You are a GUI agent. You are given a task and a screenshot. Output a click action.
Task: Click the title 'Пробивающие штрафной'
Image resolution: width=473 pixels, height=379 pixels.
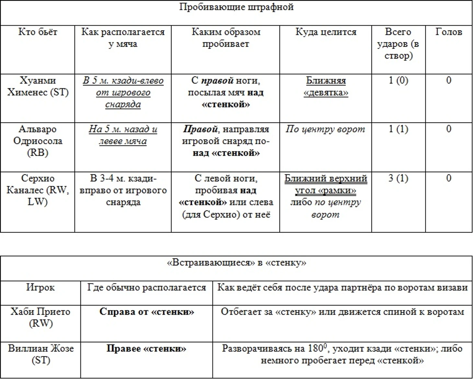click(x=236, y=7)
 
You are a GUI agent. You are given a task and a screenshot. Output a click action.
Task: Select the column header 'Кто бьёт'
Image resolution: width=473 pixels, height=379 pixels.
click(x=38, y=32)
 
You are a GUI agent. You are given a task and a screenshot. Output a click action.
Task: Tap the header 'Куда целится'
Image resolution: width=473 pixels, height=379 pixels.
click(x=326, y=32)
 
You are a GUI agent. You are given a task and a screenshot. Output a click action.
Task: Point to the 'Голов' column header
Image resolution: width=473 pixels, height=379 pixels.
click(x=448, y=32)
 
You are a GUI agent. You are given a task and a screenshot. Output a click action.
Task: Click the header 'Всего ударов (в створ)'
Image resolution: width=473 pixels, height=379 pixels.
click(x=398, y=44)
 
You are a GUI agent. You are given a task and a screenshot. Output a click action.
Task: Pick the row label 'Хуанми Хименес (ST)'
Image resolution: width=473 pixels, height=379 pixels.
click(x=38, y=86)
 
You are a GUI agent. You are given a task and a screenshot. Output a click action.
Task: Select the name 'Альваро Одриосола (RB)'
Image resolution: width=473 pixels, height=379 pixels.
click(x=38, y=141)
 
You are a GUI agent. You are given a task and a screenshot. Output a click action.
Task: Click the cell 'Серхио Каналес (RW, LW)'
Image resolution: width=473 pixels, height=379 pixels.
click(x=38, y=190)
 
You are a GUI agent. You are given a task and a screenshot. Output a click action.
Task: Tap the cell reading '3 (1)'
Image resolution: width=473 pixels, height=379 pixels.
click(x=398, y=178)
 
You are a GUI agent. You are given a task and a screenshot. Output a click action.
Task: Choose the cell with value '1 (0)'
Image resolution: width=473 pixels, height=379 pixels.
click(x=398, y=80)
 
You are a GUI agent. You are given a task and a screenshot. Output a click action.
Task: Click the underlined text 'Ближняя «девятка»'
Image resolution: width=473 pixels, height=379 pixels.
click(x=326, y=86)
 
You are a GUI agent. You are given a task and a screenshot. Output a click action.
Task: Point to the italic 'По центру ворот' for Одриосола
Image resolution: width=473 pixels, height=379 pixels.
click(x=325, y=129)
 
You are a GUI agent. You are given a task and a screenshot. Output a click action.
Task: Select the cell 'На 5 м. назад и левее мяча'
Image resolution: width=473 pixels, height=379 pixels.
click(x=123, y=135)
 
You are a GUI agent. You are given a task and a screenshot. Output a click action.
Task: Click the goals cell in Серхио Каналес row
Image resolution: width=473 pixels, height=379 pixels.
click(x=448, y=178)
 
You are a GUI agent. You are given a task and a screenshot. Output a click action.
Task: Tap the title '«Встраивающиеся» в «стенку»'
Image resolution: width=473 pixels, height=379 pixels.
click(x=236, y=263)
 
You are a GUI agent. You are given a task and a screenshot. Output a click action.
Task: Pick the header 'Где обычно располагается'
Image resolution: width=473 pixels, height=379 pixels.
click(x=146, y=288)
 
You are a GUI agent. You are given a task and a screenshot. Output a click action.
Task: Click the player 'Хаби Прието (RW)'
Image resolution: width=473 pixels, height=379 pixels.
click(x=40, y=317)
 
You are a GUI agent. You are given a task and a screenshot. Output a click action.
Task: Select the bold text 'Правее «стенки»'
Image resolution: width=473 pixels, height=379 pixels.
click(x=146, y=349)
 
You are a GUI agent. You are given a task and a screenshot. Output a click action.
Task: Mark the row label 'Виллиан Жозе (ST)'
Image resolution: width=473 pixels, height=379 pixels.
click(x=40, y=354)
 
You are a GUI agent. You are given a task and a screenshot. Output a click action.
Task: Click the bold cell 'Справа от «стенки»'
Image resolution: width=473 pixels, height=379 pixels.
click(x=146, y=312)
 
